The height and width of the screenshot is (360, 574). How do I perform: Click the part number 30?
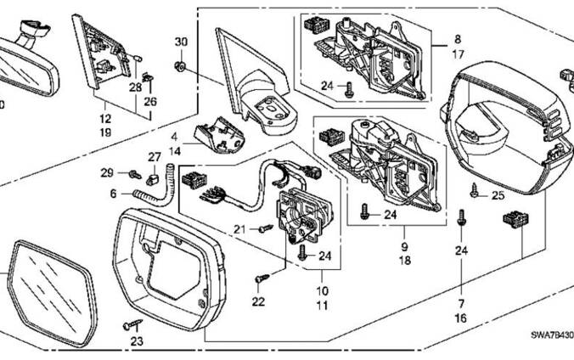point(180,42)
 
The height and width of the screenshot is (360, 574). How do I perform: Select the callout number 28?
point(135,87)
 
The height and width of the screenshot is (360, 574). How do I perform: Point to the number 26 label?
point(151,102)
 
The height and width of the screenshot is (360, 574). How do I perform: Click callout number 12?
point(105,121)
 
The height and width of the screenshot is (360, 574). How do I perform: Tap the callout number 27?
point(155,157)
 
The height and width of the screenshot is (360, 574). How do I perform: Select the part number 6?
point(113,193)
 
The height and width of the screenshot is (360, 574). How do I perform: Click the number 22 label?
point(258,301)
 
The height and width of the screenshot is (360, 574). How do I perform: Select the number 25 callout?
point(498,197)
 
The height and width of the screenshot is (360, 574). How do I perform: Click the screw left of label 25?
point(477,195)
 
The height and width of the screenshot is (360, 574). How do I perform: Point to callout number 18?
point(403,261)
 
